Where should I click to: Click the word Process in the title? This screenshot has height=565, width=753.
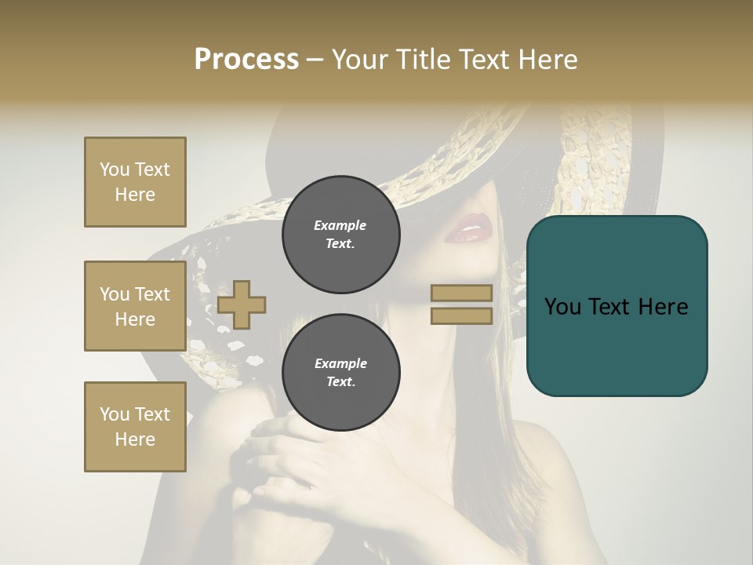(246, 60)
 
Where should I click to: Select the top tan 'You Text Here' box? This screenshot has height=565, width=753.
(135, 182)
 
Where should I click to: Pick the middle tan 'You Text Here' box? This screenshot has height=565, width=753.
(135, 306)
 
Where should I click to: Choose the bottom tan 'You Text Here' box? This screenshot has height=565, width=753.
(135, 427)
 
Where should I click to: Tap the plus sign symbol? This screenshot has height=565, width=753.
(242, 304)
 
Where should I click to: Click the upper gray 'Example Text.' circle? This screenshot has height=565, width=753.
(340, 235)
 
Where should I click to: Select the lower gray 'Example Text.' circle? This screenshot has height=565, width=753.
(340, 373)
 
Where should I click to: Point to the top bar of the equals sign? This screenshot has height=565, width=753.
(461, 293)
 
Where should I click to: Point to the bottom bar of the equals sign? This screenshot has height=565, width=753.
(461, 316)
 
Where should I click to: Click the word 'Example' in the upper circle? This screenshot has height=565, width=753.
(340, 226)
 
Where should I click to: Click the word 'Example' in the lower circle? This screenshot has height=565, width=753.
(340, 364)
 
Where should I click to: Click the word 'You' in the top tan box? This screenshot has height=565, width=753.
(114, 169)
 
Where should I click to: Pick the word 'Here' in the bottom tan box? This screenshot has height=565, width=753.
(135, 439)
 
